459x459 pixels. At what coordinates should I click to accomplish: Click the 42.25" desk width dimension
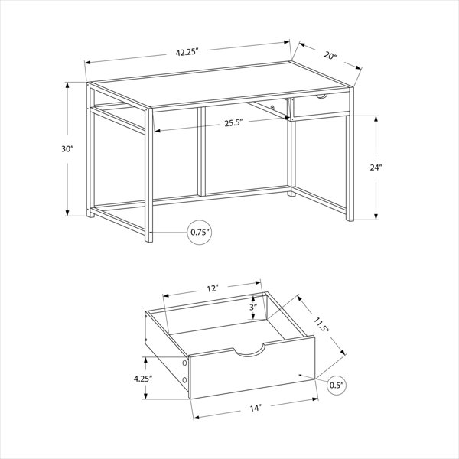187,52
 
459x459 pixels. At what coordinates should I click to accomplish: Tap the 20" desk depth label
330,55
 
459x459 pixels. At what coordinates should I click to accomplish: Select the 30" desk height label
67,149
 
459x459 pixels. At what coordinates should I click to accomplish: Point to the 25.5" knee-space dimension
234,123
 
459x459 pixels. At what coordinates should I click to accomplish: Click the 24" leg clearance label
376,168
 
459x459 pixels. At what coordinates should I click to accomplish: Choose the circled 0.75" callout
200,232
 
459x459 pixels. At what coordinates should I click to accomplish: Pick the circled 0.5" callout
337,385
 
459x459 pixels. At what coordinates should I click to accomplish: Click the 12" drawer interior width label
213,288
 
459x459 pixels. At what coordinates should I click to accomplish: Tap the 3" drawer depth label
253,307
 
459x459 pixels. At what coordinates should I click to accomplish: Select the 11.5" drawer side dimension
322,324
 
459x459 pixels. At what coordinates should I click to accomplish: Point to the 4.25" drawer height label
143,379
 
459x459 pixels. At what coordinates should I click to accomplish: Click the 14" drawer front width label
256,408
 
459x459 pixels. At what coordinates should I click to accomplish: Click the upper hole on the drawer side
184,363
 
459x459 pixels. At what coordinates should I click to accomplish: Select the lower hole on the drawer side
184,380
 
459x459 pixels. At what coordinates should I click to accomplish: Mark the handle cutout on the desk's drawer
322,96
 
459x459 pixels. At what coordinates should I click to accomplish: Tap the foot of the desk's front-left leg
148,238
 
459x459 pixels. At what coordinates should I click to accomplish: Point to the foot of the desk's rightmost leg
350,218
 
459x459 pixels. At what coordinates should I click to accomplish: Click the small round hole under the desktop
272,107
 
